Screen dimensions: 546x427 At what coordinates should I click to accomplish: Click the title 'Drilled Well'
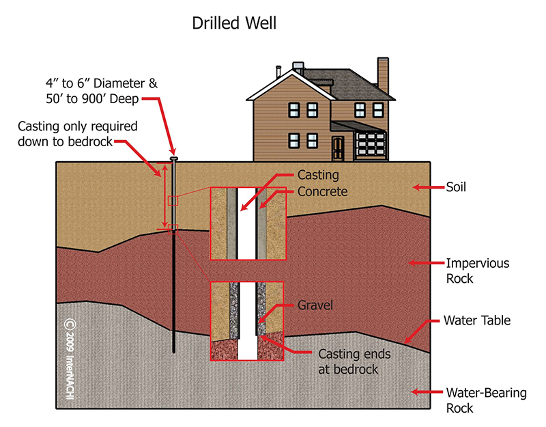[x=234, y=23]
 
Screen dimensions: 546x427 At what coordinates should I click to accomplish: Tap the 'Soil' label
[x=456, y=187]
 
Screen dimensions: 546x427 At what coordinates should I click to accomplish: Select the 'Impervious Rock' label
[x=477, y=271]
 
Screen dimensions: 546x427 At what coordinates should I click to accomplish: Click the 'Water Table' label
[x=476, y=320]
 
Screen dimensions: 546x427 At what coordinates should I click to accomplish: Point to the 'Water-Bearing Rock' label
[x=486, y=400]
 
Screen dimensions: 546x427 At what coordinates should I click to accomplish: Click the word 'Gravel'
[x=315, y=305]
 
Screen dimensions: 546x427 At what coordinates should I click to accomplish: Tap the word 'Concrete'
[x=322, y=191]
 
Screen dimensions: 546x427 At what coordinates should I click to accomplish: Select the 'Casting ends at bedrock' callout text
[x=354, y=361]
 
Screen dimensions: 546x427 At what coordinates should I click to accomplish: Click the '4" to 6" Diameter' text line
[x=101, y=83]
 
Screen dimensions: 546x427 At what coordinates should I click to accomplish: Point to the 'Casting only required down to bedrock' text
[x=77, y=134]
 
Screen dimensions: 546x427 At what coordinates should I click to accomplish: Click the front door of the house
[x=337, y=149]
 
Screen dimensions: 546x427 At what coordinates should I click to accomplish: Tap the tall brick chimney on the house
[x=383, y=75]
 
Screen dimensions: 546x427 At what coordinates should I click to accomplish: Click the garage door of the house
[x=371, y=145]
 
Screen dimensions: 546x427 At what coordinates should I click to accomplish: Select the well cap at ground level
[x=174, y=159]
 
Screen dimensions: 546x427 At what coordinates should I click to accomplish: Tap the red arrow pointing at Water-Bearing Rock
[x=428, y=391]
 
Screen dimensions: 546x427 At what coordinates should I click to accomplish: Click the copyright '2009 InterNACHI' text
[x=70, y=359]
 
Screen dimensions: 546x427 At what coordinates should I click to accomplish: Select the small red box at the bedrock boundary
[x=173, y=230]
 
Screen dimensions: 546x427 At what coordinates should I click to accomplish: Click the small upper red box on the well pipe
[x=173, y=201]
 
